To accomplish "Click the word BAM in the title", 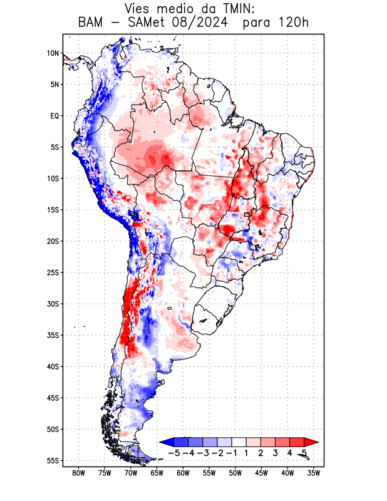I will (92, 23).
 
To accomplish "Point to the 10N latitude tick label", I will (53, 53).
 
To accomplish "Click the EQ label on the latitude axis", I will (54, 116).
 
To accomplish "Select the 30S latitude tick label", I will (53, 304).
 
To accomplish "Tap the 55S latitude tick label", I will (53, 460).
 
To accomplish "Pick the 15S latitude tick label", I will (53, 210).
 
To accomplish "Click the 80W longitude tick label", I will (78, 473).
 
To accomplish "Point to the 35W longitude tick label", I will (314, 473).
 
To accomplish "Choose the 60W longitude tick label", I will (183, 473).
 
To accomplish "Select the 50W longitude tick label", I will (235, 473).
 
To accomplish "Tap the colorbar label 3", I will (276, 453).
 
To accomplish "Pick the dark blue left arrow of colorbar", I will (166, 442).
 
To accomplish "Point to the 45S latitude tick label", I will (53, 398).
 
